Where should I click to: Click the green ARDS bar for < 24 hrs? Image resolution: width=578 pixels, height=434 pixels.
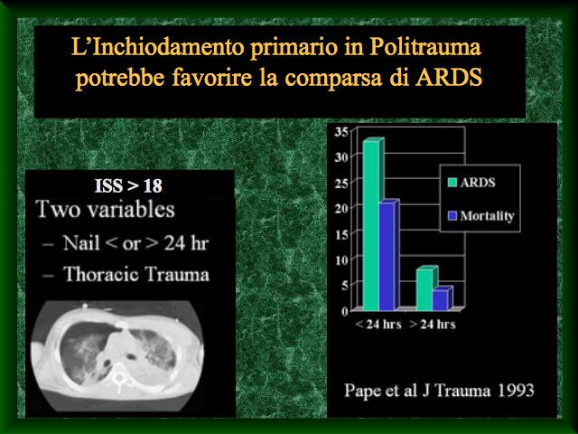coord(371,225)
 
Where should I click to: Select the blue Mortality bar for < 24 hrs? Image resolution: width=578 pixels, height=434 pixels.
coord(387,257)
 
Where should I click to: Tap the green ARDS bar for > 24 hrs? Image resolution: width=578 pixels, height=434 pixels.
coord(424,290)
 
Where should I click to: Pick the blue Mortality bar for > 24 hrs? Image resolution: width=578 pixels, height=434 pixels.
coord(441,300)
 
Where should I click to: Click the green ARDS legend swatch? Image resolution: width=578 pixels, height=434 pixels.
coord(452,183)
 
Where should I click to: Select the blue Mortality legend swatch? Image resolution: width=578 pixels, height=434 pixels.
coord(452,215)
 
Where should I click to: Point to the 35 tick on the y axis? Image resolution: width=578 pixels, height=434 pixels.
coord(341,132)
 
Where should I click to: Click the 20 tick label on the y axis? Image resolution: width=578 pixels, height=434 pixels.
coord(341,209)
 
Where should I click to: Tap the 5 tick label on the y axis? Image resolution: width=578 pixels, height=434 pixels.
coord(345,286)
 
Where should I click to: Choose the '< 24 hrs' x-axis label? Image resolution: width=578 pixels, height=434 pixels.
coord(378,325)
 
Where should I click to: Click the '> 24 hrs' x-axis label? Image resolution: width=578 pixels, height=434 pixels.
coord(433,325)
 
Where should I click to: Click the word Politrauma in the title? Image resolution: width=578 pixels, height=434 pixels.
coord(425,48)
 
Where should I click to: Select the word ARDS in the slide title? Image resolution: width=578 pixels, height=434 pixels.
coord(449,78)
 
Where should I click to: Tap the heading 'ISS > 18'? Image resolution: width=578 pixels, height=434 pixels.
coord(128,186)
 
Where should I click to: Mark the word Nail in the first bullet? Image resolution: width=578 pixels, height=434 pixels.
coord(81,243)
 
